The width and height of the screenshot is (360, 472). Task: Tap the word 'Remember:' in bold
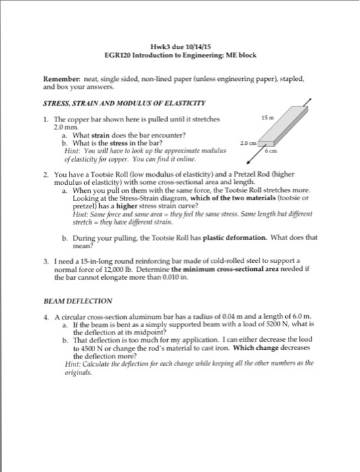click(57, 79)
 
